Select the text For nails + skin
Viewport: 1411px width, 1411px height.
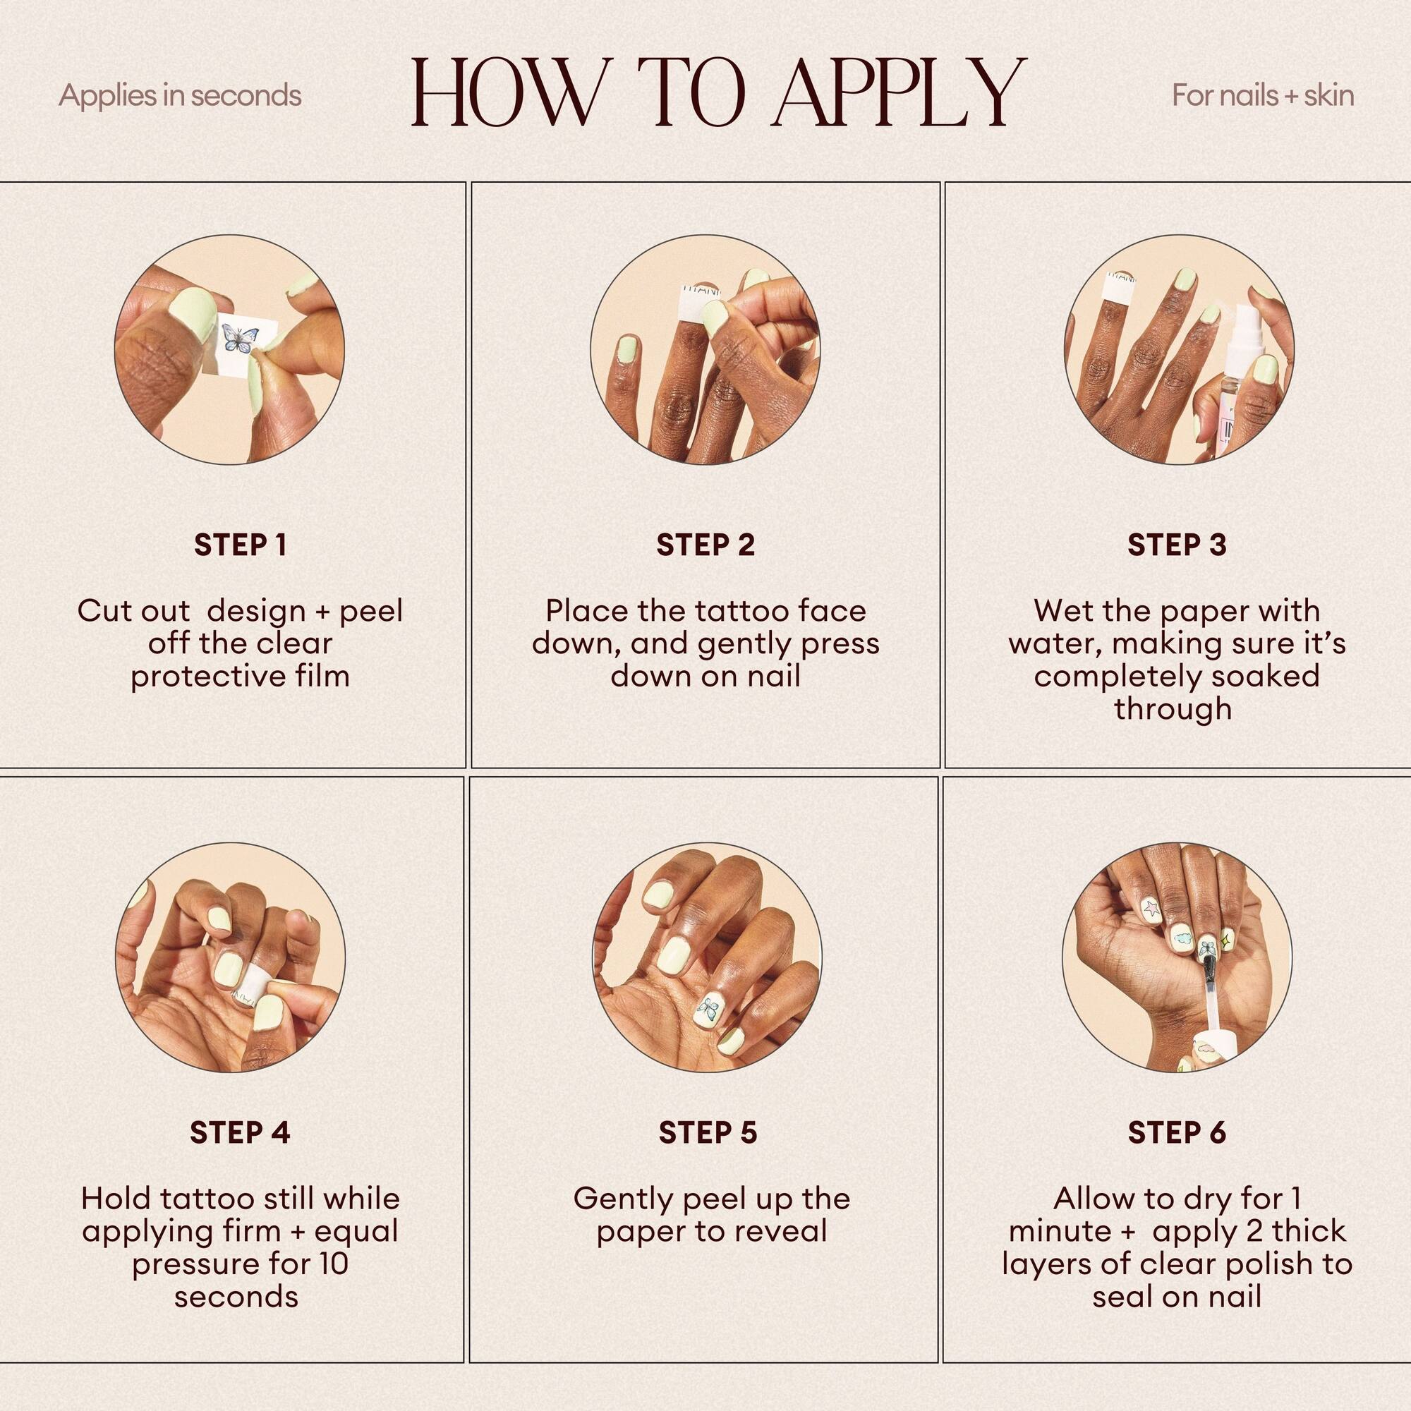(1263, 96)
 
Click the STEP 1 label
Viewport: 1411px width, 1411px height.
(241, 545)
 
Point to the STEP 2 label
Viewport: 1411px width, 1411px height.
(705, 545)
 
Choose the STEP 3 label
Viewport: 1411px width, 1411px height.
(1177, 545)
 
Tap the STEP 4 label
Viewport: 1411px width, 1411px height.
(240, 1133)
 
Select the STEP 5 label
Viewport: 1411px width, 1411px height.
(708, 1133)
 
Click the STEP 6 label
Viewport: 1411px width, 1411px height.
(1177, 1133)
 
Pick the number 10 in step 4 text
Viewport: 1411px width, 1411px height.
(332, 1264)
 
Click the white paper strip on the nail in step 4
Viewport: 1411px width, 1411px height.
(246, 983)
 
